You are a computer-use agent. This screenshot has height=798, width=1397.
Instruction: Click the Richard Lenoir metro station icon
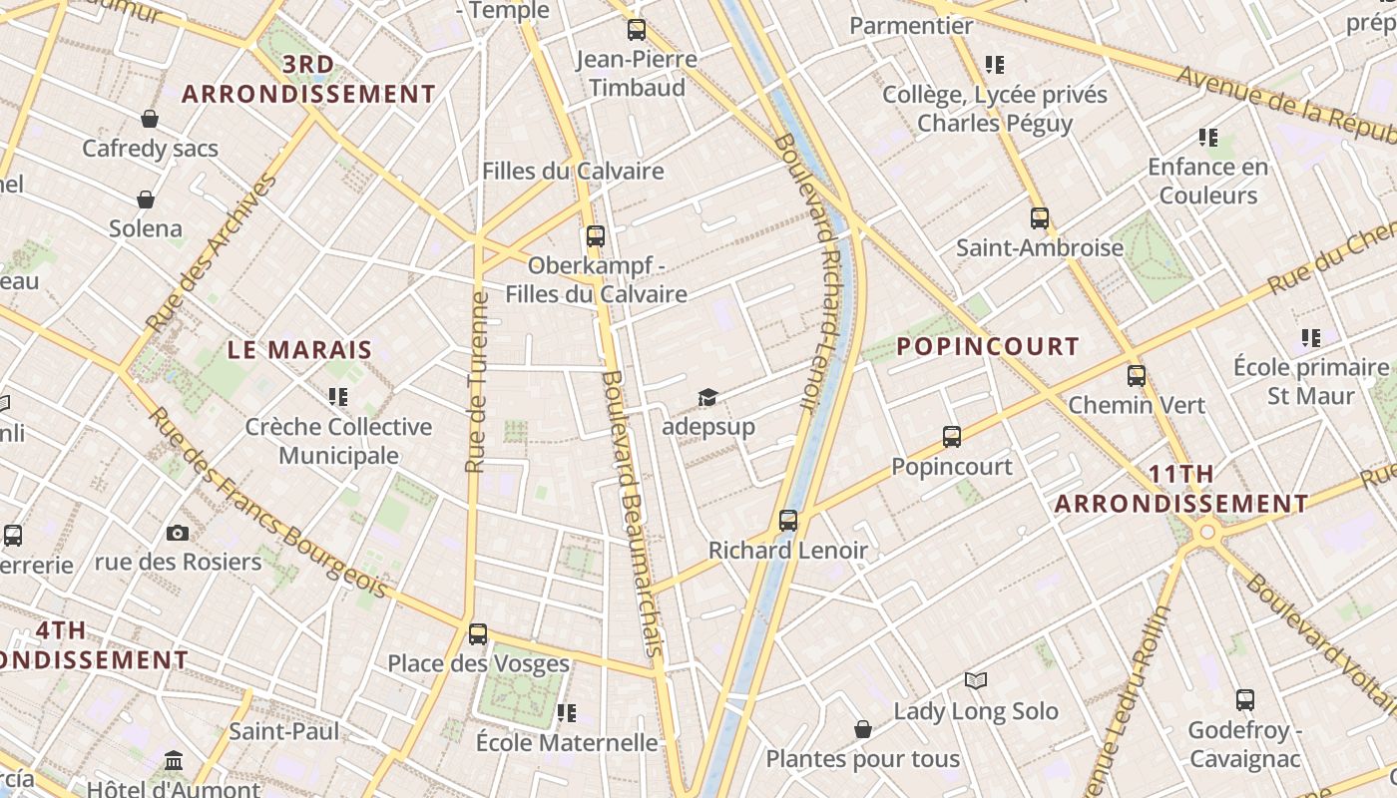click(788, 521)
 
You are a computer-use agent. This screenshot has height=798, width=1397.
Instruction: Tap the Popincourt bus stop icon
click(952, 437)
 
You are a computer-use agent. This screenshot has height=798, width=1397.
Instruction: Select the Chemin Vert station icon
click(1136, 376)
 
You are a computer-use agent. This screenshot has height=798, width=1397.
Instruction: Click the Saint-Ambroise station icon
click(1040, 218)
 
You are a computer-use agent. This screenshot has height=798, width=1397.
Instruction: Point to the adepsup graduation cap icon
click(707, 398)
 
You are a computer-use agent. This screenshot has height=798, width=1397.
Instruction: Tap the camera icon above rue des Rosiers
click(178, 533)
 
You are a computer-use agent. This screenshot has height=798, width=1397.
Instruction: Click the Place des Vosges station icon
click(478, 634)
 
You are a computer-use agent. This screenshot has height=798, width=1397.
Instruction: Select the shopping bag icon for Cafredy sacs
click(150, 120)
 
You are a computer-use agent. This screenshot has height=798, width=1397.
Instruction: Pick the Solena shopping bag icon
click(146, 199)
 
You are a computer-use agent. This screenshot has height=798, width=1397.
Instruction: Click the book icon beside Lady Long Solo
click(976, 681)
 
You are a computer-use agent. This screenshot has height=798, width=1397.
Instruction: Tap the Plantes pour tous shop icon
click(863, 730)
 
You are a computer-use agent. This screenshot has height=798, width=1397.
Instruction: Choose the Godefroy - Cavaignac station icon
click(1244, 700)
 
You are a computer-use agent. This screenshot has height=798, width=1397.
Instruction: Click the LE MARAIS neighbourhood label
click(299, 350)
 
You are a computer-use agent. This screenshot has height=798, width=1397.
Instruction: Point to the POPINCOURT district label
click(988, 347)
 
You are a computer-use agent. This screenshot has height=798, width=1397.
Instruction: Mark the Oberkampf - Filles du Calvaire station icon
click(596, 236)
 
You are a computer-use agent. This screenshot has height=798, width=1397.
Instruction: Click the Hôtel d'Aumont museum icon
click(174, 761)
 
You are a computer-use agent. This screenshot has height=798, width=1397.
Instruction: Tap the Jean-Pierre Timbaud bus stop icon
click(637, 30)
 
